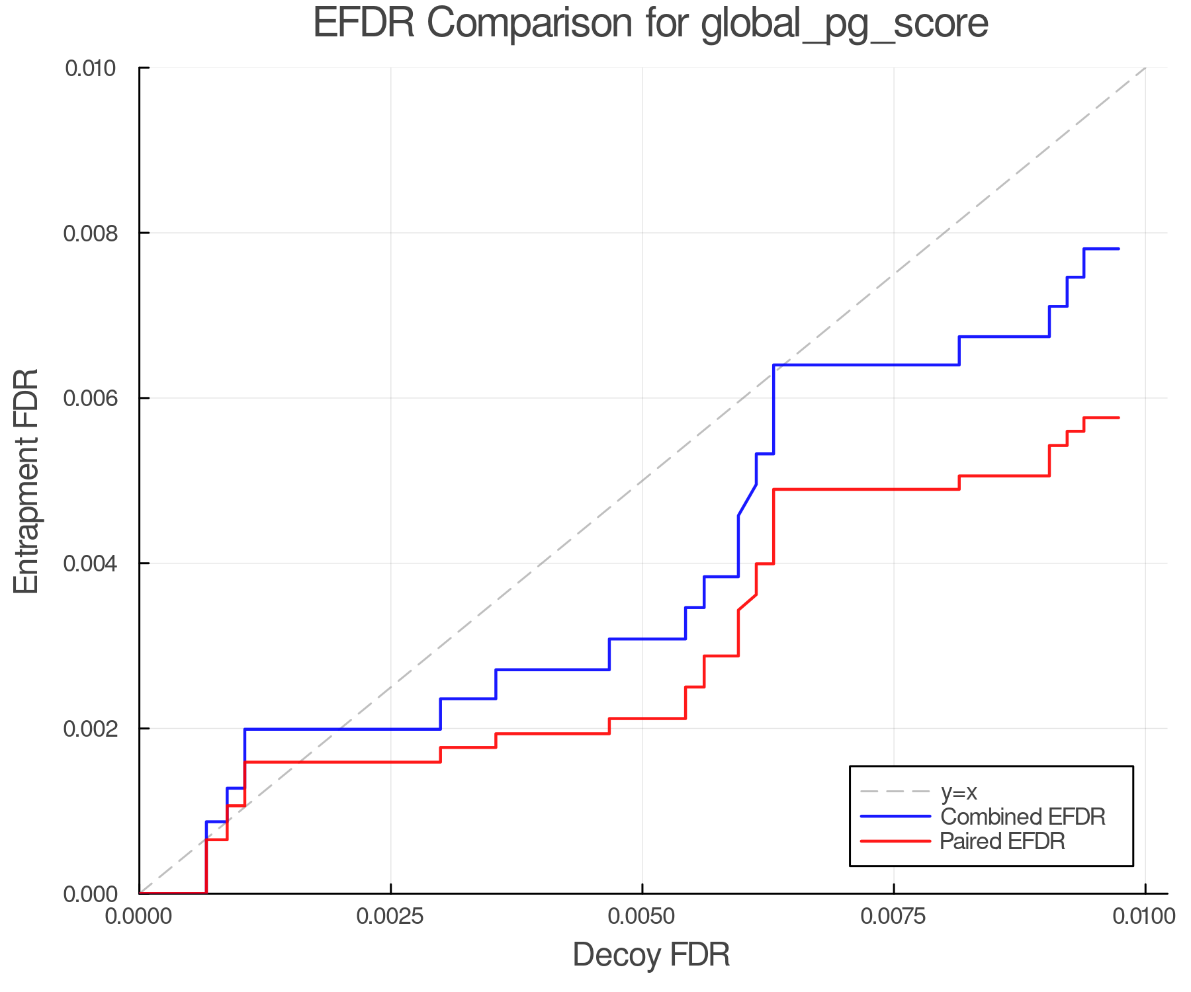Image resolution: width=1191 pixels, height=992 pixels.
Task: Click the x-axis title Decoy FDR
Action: point(651,955)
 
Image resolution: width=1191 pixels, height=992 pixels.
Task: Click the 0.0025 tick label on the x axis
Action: point(390,917)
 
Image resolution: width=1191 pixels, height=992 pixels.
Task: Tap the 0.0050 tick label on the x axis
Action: point(642,917)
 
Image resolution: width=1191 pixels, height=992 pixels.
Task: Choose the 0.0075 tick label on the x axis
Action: point(893,917)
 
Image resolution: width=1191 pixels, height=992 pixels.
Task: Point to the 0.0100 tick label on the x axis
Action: point(1144,917)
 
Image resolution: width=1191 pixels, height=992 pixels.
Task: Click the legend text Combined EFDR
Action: point(1022,817)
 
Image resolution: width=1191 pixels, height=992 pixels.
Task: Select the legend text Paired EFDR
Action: point(1002,841)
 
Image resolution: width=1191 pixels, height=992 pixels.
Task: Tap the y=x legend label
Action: point(959,792)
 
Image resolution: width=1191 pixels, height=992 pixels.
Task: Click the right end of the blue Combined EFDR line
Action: point(1118,249)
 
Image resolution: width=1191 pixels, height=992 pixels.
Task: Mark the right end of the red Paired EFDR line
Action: point(1118,417)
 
